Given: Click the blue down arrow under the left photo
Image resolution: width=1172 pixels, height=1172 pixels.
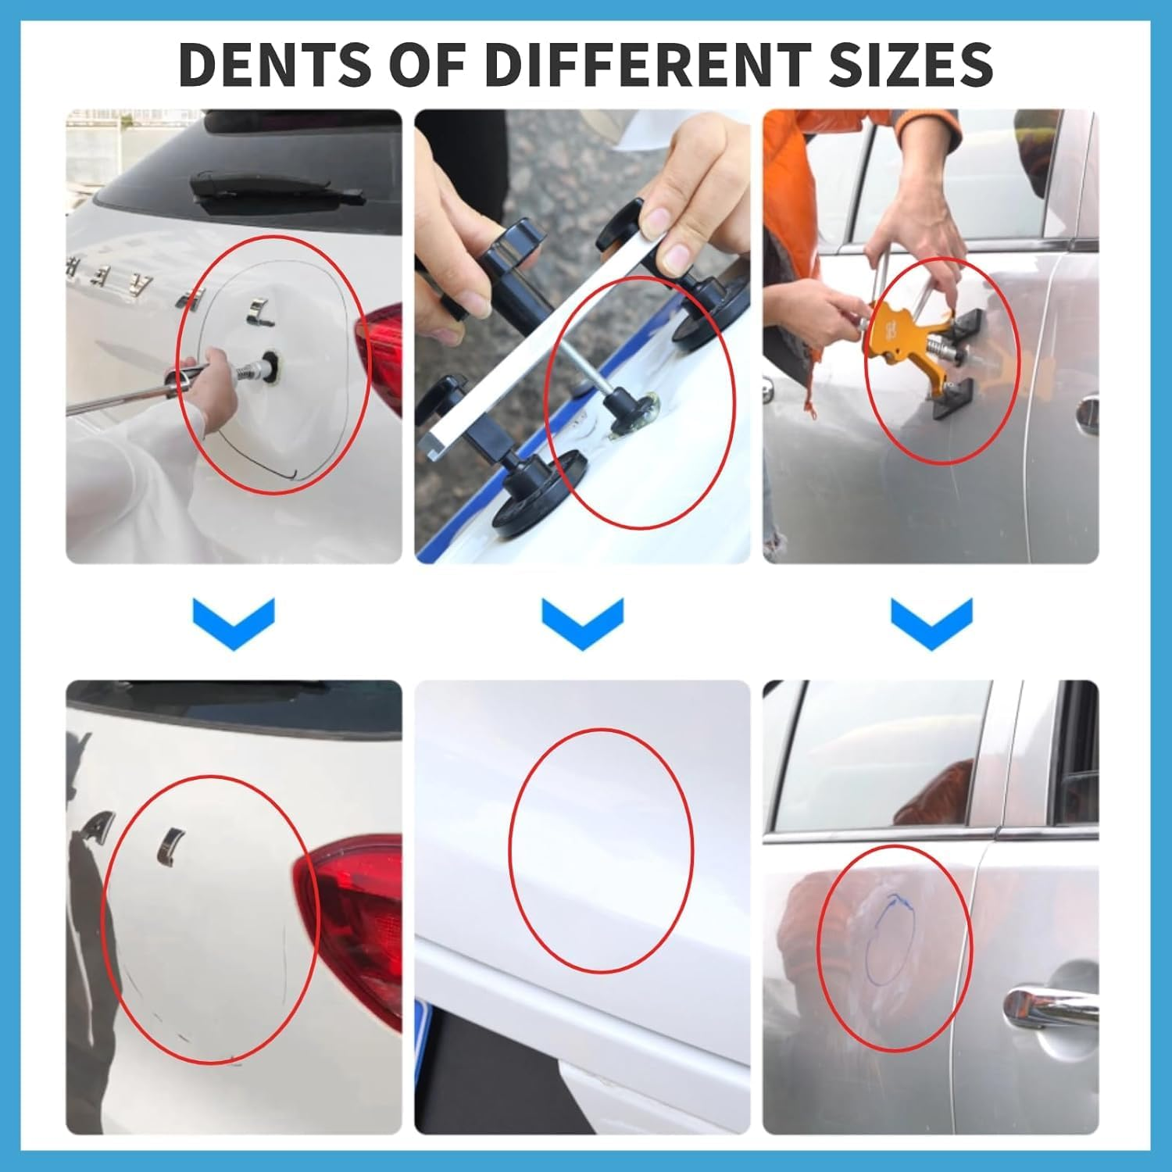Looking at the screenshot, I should [x=234, y=622].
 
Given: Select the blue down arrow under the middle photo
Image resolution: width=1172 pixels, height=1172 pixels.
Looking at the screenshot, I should [x=582, y=622].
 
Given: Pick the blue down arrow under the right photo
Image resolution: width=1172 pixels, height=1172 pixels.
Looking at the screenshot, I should [x=931, y=622].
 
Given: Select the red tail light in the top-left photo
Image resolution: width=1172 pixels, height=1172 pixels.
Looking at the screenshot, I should [x=381, y=352].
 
